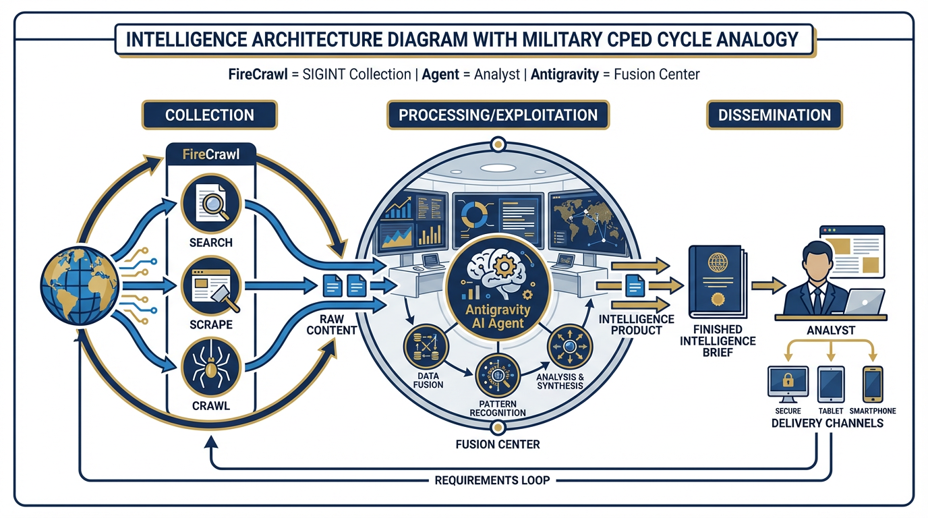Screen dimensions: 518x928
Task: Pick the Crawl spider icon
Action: (x=210, y=368)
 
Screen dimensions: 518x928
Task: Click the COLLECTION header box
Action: (x=209, y=115)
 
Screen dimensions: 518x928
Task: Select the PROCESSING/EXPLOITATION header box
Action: (x=498, y=115)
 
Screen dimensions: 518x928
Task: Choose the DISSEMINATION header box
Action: (x=774, y=115)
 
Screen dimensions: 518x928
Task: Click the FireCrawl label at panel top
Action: (x=210, y=154)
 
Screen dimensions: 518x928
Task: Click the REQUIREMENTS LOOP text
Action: (x=492, y=480)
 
